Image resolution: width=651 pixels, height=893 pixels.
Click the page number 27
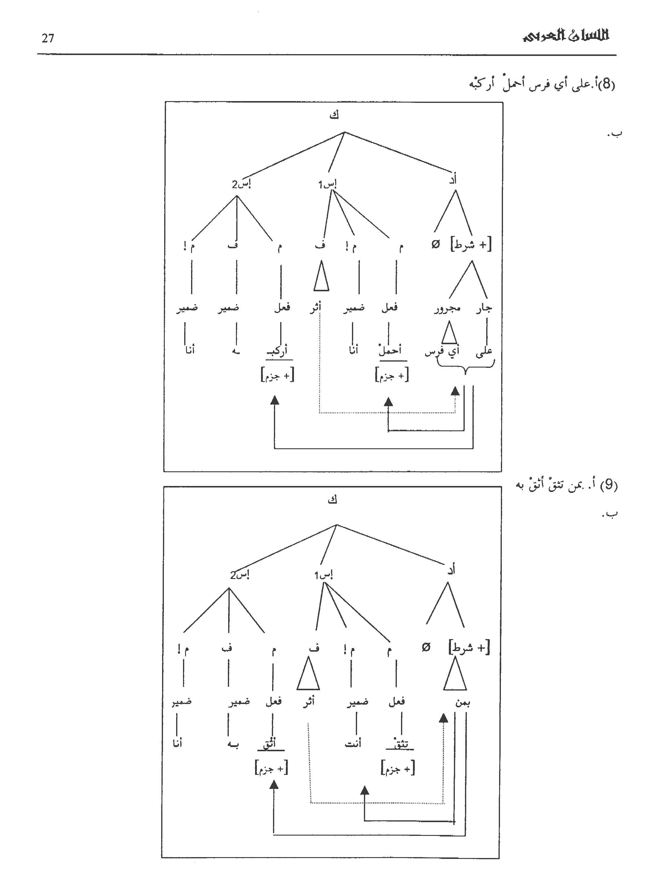tap(48, 38)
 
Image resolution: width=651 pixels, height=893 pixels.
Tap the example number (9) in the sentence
tap(609, 485)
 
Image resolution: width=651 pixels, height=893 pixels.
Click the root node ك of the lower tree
tap(333, 500)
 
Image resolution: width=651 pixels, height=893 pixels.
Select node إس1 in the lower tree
tap(324, 575)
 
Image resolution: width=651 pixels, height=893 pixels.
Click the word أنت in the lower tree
tap(353, 744)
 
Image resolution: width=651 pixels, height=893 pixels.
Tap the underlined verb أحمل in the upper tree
tap(390, 350)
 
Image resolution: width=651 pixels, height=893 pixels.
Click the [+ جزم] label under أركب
tap(278, 375)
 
